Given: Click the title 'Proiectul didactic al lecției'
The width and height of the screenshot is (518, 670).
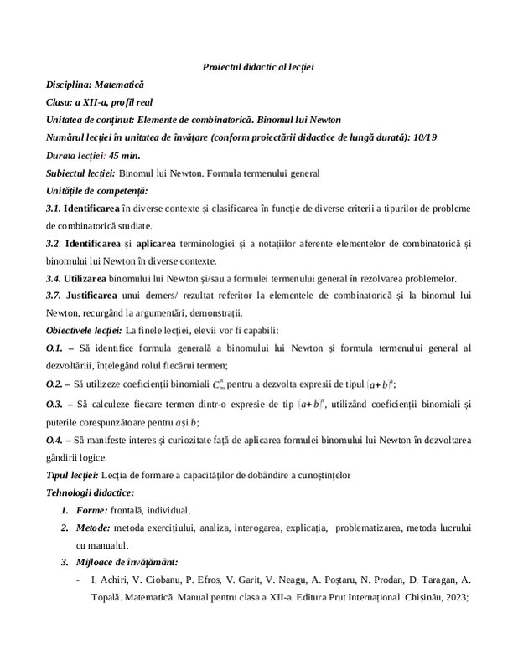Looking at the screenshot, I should [258, 66].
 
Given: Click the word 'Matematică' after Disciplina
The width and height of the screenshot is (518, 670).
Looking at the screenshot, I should [119, 85].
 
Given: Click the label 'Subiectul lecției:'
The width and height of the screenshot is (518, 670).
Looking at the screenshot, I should [80, 173].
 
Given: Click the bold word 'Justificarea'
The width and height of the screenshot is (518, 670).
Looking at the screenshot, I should [92, 296].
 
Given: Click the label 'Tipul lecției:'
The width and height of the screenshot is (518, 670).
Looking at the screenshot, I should [73, 475].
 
